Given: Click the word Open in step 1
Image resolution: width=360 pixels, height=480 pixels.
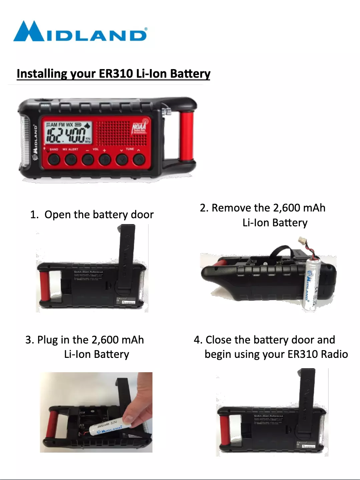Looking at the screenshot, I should tap(58, 215).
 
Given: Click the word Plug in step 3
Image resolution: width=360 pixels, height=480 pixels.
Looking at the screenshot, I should tap(47, 339).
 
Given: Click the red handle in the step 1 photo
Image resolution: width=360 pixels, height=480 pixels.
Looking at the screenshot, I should tap(44, 287).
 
